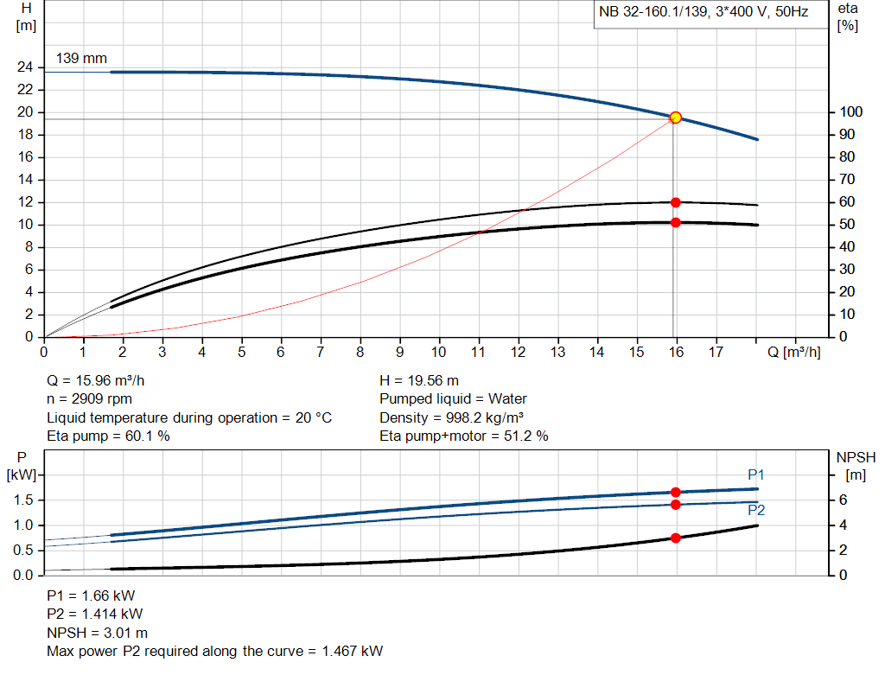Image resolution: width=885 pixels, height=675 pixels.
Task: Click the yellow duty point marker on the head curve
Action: [x=676, y=118]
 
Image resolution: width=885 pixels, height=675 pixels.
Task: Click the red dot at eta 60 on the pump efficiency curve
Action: [x=676, y=202]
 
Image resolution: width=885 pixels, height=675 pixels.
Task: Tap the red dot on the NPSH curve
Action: [x=676, y=538]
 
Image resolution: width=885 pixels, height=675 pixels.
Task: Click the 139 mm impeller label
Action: [x=81, y=59]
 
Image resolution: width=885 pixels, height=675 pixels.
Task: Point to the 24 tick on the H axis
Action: [x=25, y=67]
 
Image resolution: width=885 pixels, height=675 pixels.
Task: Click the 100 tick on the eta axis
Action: [x=850, y=112]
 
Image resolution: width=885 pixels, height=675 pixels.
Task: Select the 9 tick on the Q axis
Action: [x=399, y=352]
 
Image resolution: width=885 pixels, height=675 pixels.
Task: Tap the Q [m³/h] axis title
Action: [x=787, y=352]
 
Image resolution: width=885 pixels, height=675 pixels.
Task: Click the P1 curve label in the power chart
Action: [x=756, y=474]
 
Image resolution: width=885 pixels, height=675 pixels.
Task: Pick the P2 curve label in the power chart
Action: [x=755, y=511]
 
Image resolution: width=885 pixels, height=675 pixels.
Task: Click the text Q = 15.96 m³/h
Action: [x=103, y=380]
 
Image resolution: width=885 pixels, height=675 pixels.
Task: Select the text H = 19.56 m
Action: [x=419, y=380]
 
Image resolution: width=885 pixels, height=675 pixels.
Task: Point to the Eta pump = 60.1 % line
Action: [x=108, y=436]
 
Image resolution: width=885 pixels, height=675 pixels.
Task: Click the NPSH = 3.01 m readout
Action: [x=97, y=633]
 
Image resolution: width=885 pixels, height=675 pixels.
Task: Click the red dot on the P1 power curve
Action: [x=676, y=492]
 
